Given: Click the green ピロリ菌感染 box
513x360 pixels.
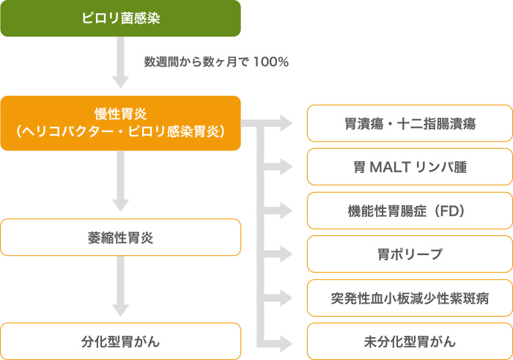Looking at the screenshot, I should pyautogui.click(x=120, y=18).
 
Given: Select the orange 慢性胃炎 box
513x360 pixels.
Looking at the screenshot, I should pyautogui.click(x=120, y=122).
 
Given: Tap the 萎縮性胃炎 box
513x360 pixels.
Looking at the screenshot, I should pyautogui.click(x=120, y=238).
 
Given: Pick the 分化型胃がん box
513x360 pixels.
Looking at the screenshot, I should pyautogui.click(x=120, y=341).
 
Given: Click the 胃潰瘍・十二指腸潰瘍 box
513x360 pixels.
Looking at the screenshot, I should pyautogui.click(x=410, y=124).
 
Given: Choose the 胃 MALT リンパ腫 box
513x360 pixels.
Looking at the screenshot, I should pyautogui.click(x=410, y=167).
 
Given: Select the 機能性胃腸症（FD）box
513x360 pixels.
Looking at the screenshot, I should pyautogui.click(x=410, y=211).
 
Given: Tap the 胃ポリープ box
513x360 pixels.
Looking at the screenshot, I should pyautogui.click(x=410, y=254).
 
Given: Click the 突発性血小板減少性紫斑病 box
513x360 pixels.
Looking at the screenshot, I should pyautogui.click(x=410, y=298).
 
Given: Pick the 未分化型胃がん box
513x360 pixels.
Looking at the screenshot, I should pyautogui.click(x=410, y=342).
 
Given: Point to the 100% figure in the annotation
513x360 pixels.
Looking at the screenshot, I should pyautogui.click(x=270, y=62).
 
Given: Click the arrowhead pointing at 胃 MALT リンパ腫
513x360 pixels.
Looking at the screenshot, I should pyautogui.click(x=284, y=167).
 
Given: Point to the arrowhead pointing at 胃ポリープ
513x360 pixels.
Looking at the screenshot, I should pyautogui.click(x=284, y=254).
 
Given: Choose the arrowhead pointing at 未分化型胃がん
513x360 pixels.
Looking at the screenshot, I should pyautogui.click(x=284, y=342).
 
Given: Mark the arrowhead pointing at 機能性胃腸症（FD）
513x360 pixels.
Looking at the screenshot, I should pyautogui.click(x=284, y=211).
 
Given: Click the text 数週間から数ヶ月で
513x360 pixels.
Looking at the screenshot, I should pyautogui.click(x=196, y=62).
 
